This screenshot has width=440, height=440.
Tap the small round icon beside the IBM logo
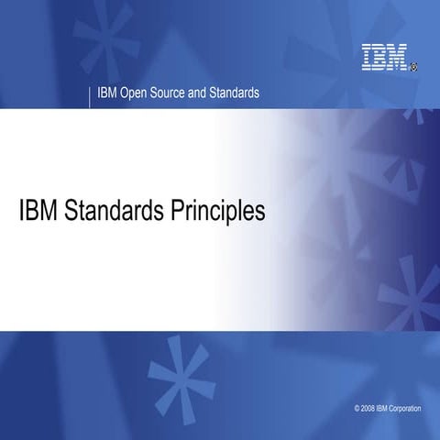[413, 66]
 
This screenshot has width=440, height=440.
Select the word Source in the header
[173, 93]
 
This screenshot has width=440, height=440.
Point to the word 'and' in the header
[208, 93]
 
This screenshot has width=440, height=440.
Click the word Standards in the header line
[241, 93]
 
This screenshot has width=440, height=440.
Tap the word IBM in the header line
[107, 93]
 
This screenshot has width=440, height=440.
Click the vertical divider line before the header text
[91, 94]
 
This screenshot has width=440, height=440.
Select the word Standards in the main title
[112, 211]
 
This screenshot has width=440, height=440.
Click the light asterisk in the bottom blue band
[179, 371]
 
